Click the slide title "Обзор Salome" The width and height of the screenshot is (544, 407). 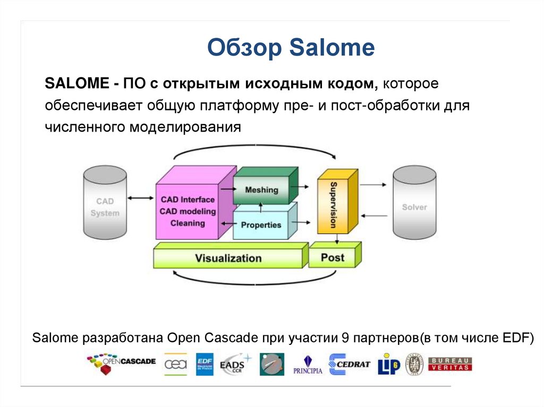(291, 48)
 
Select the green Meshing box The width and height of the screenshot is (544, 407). (261, 190)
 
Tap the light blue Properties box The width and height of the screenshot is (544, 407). (261, 225)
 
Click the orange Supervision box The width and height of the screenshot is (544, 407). (333, 205)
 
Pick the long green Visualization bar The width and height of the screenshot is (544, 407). (228, 258)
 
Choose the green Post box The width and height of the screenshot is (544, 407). (333, 258)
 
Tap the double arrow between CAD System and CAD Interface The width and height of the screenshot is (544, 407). (141, 198)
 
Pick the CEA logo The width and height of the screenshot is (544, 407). (175, 364)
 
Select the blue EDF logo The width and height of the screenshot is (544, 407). (205, 364)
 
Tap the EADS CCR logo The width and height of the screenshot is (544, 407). (234, 364)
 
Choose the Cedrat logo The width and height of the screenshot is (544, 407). (349, 364)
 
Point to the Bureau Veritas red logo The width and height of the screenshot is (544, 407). (450, 364)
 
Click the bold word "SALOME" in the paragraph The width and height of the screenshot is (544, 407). (75, 84)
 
